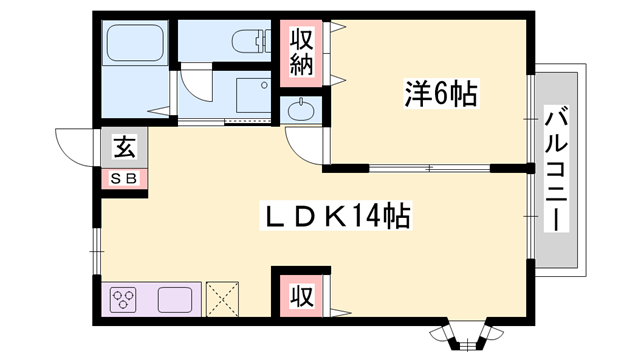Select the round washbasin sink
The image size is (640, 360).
tap(301, 109)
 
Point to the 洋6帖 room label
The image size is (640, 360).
tap(440, 96)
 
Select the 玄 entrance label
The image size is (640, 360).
tap(124, 150)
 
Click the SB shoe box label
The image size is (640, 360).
tap(124, 179)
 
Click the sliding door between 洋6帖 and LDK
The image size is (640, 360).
tap(430, 166)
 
